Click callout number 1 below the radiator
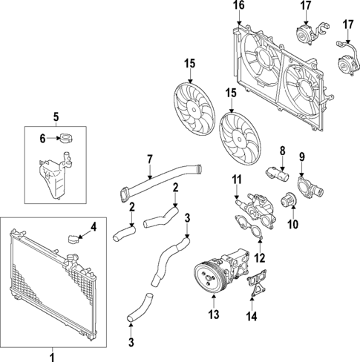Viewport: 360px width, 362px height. click(52, 356)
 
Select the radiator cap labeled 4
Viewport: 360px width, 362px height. click(73, 239)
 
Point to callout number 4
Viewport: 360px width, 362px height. click(93, 226)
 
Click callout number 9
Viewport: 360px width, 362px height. click(302, 156)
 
